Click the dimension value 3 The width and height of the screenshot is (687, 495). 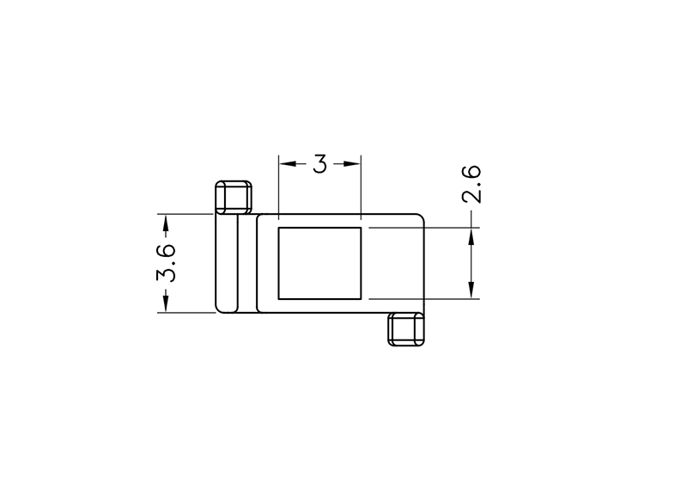(319, 163)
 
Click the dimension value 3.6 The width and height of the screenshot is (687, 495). (167, 263)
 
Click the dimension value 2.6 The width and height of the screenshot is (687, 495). (471, 184)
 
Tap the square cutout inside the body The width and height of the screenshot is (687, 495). (319, 263)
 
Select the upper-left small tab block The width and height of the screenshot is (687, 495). (234, 198)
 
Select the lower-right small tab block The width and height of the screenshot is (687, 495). (406, 329)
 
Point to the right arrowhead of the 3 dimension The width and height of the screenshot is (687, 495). (352, 164)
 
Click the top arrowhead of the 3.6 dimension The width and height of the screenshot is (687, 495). (166, 223)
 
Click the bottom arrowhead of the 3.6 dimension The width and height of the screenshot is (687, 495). (166, 304)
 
